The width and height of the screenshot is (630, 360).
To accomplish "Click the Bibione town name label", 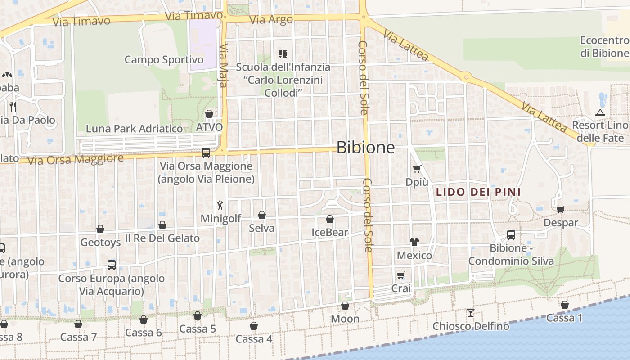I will (x=365, y=148).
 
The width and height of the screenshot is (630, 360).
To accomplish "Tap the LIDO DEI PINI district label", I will (x=478, y=192).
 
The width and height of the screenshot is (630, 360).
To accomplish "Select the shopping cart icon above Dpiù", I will (x=417, y=169).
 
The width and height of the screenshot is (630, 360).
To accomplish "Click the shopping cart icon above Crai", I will (x=400, y=275).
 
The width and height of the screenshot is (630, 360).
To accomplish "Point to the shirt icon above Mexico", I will (x=414, y=242).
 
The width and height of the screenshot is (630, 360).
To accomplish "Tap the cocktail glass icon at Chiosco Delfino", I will (x=471, y=312).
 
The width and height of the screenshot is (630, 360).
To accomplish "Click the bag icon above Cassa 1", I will (x=564, y=305).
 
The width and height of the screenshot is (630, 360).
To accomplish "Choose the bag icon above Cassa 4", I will (x=254, y=326).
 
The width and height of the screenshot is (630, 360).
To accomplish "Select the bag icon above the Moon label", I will (x=345, y=306).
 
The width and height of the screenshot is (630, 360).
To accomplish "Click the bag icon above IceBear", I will (x=330, y=219).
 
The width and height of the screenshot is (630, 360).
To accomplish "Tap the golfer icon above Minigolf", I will (x=220, y=206).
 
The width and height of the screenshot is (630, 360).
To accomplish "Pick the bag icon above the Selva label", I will (x=262, y=215).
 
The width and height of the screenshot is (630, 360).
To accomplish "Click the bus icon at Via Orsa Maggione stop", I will (x=206, y=153).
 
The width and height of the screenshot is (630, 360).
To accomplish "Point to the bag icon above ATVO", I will (x=209, y=114).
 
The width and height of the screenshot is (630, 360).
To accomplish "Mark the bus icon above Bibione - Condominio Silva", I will (x=511, y=235).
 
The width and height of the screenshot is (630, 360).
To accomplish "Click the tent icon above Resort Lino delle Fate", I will (x=599, y=112).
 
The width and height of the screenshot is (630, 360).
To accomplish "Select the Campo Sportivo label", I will (x=164, y=60).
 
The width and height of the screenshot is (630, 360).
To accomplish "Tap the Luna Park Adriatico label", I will (x=135, y=129).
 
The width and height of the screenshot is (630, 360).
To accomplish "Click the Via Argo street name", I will (x=271, y=19).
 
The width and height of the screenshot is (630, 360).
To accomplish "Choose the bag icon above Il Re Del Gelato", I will (x=162, y=225).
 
